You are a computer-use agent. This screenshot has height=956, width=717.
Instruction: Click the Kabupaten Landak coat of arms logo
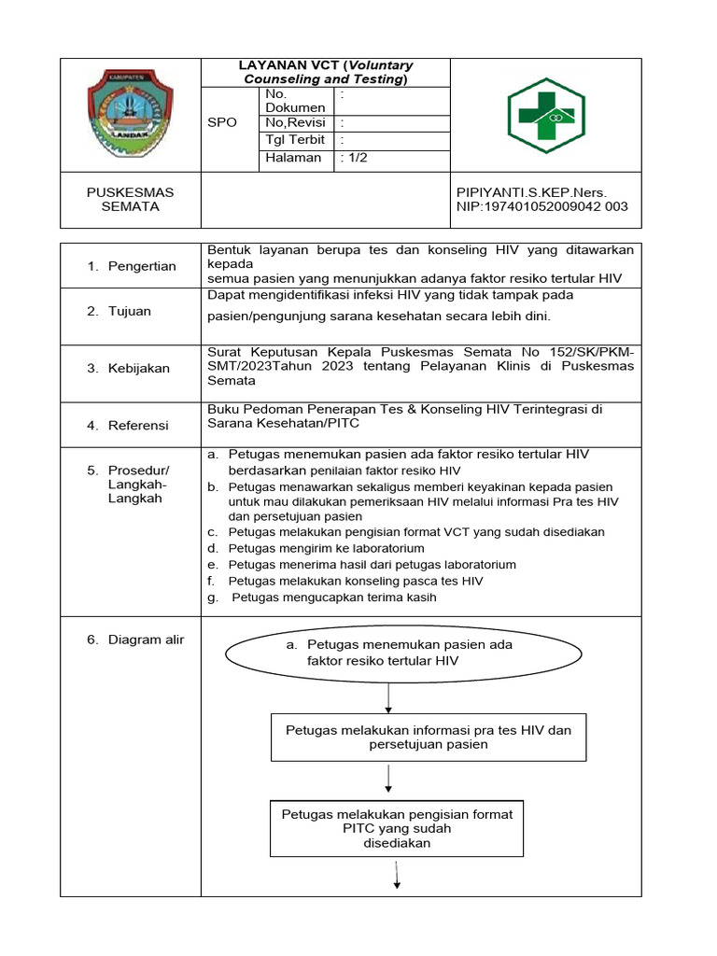(x=131, y=115)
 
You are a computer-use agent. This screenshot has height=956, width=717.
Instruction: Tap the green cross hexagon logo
(x=546, y=115)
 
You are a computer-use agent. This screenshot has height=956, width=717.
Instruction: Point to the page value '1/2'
(x=356, y=158)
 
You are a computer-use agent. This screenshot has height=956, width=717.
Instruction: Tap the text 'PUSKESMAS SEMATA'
(x=130, y=199)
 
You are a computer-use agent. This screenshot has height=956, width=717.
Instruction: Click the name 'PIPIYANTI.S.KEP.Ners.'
(x=531, y=192)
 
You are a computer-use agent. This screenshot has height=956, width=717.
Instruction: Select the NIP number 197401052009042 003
(x=541, y=206)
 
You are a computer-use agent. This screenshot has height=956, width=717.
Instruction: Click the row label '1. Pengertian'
(x=132, y=266)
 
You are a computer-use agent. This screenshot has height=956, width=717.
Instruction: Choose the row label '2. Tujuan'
(x=119, y=311)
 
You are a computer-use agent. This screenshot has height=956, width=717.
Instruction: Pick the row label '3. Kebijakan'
(x=129, y=368)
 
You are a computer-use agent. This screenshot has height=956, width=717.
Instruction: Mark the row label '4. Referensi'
(x=128, y=425)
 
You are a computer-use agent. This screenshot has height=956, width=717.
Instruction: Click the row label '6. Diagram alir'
(x=135, y=640)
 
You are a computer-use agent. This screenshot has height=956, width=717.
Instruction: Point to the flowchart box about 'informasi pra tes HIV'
(x=429, y=738)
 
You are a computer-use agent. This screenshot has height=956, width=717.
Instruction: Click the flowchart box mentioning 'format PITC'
(x=397, y=828)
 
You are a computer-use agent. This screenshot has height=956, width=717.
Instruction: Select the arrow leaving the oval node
(x=388, y=698)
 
